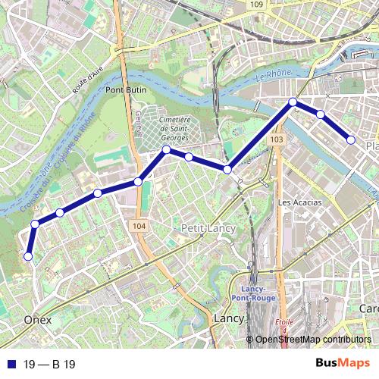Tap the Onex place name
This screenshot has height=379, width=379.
click(x=38, y=320)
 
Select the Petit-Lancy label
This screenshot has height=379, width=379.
click(x=208, y=228)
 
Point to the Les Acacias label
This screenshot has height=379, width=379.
click(x=300, y=202)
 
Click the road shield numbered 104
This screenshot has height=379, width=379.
click(x=138, y=226)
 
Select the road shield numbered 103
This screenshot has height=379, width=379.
click(x=277, y=140)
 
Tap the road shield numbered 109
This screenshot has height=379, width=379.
click(x=258, y=5)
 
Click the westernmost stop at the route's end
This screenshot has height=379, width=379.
click(x=28, y=256)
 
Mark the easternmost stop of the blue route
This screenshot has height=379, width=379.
click(x=351, y=139)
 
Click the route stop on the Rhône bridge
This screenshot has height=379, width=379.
click(x=293, y=102)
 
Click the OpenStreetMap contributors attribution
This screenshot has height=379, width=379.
click(x=313, y=340)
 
